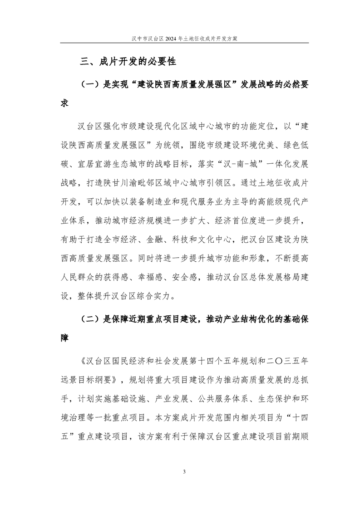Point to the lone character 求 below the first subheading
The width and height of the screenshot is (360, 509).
click(65, 103)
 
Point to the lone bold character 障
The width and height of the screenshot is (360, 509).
click(65, 337)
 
